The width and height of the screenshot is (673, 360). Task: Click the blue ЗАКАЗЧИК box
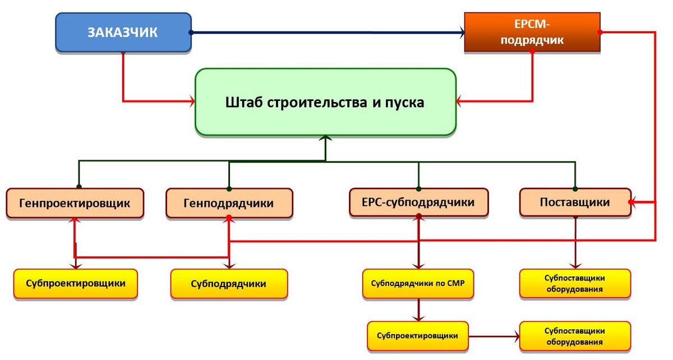tap(123, 33)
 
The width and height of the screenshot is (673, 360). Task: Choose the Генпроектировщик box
tap(75, 203)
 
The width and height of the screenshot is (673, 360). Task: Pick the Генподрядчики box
tap(229, 203)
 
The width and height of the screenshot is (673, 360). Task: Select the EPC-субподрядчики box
tap(418, 202)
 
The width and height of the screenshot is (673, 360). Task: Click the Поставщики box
tap(575, 202)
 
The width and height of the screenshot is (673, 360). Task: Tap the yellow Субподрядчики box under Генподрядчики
tap(229, 284)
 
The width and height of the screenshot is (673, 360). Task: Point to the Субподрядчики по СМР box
tap(418, 284)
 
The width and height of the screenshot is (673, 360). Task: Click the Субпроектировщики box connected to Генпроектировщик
tap(75, 284)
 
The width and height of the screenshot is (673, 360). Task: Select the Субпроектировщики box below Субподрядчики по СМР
tap(418, 336)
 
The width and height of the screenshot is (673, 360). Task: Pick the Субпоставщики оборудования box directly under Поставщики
tap(575, 284)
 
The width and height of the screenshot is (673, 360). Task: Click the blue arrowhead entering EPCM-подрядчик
tap(461, 33)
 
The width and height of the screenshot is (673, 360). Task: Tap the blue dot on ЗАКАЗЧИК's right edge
tap(191, 33)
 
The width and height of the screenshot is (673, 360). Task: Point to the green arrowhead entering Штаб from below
tap(325, 139)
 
